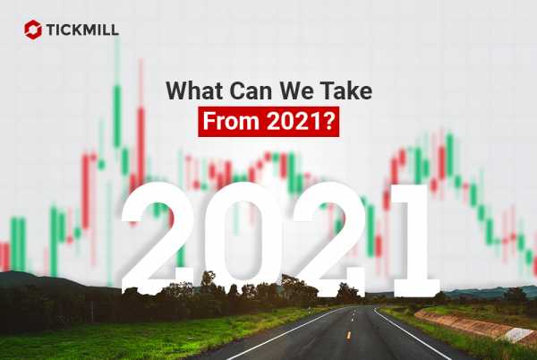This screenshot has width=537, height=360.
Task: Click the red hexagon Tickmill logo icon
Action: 33,30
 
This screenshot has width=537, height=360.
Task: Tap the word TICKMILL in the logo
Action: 82,30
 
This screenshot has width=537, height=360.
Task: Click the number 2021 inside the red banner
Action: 294,121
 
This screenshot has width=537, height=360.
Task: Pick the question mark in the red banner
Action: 328,121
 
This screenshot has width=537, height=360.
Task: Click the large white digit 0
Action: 244,239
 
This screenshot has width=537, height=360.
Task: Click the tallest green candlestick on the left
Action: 116,116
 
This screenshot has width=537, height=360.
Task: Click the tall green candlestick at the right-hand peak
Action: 449,154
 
